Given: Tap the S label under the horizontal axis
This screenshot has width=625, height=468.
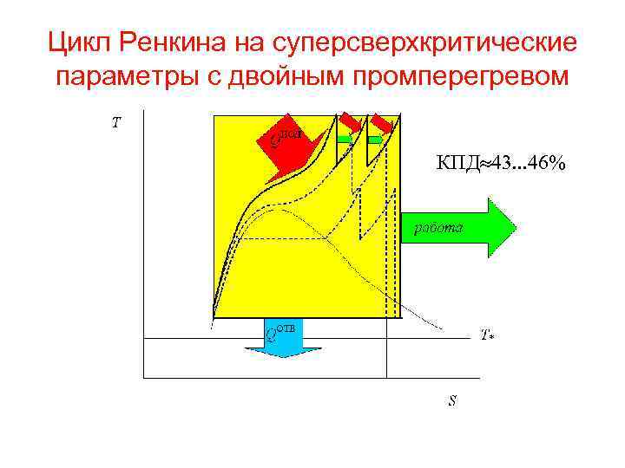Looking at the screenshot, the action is [453, 401].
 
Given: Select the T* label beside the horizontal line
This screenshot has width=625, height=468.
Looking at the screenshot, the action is [487, 335].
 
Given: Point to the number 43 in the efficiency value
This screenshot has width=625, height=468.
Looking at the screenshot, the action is [503, 162].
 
